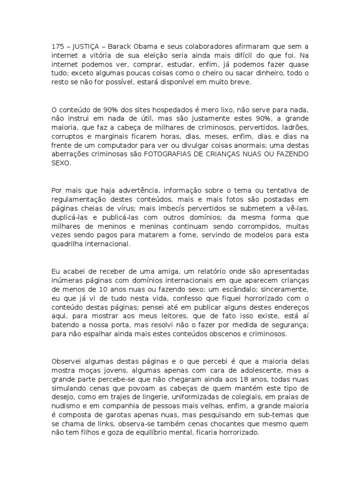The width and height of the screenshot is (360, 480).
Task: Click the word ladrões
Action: tap(295, 127)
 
